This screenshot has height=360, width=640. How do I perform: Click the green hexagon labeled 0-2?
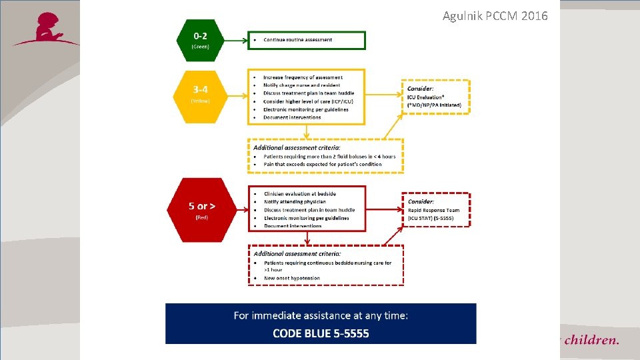coord(201,39)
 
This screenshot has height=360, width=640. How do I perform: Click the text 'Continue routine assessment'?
coord(297,40)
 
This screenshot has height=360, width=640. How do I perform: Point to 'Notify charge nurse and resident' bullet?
coord(302,85)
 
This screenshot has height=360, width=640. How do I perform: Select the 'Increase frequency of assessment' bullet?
coord(303,77)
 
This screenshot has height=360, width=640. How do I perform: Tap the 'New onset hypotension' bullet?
coord(291,278)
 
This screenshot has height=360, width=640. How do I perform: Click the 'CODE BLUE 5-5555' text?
coord(321,333)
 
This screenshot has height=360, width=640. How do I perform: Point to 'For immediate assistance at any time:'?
coord(321,315)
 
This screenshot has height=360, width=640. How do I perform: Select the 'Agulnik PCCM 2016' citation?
coord(495,15)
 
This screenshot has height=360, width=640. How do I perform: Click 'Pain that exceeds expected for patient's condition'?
coord(323,164)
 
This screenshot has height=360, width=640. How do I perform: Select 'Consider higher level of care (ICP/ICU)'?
coord(308,101)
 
